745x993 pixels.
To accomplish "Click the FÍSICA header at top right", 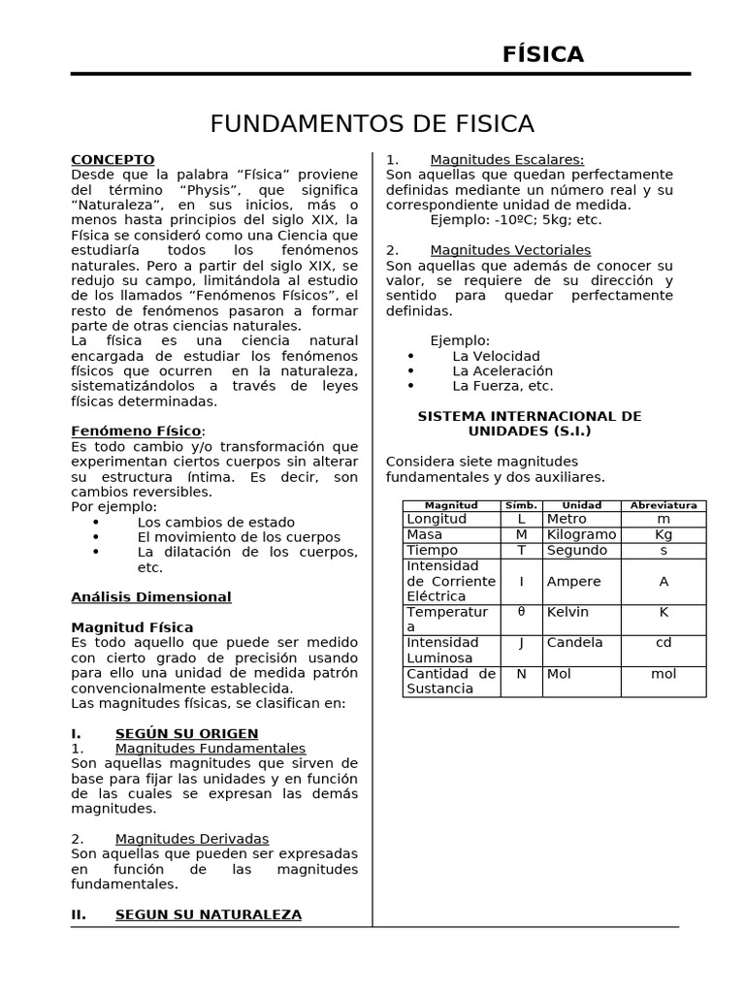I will (543, 55).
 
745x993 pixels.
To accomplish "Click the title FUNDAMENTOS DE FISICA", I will (372, 124).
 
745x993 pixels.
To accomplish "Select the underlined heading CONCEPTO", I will (113, 160).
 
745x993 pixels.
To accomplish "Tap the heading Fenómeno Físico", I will (137, 431).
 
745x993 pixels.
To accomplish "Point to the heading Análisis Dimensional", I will (151, 597).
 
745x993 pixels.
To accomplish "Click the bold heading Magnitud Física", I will (132, 627).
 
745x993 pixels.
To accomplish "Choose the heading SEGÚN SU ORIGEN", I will (186, 733).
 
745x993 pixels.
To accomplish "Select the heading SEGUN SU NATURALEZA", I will (208, 914).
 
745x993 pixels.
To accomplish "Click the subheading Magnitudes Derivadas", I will (191, 839).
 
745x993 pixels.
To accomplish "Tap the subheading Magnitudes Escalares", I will (506, 160).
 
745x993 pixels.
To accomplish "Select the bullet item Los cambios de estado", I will (202, 522).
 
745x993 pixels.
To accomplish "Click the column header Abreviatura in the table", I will (664, 505).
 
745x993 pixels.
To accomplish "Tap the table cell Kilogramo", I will (581, 535).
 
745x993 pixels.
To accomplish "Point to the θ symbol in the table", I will (521, 612).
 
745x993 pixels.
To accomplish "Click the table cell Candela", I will (574, 643).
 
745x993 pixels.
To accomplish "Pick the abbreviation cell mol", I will (664, 674).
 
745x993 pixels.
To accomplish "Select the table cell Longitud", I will (437, 520).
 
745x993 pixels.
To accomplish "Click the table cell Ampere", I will (573, 582).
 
